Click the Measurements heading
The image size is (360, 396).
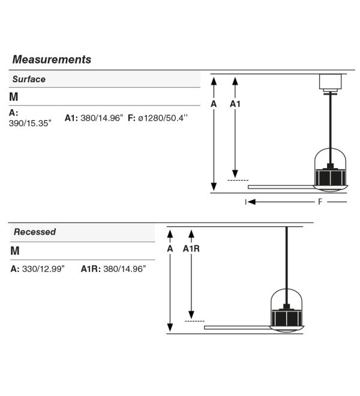[52, 59]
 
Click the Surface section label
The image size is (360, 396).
[29, 79]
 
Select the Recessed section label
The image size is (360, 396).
[35, 232]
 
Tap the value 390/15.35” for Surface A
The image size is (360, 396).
[30, 123]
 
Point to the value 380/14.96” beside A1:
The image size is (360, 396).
[102, 118]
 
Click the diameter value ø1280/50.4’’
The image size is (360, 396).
[163, 118]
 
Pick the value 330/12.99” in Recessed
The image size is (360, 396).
[43, 269]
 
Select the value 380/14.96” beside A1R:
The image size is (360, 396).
[125, 269]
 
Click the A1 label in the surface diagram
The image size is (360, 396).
[235, 104]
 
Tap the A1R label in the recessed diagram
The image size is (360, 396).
[191, 249]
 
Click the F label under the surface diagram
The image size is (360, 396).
[320, 202]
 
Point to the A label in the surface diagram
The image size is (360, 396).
[214, 104]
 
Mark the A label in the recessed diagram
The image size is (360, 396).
[170, 249]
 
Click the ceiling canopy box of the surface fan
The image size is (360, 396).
[330, 82]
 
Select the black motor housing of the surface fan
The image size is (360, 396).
[330, 177]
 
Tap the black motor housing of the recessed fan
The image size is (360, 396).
[286, 317]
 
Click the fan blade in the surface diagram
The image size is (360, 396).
[281, 187]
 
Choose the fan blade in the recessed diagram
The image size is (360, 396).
[237, 328]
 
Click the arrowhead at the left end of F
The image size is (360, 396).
[251, 202]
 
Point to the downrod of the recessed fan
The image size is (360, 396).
[286, 266]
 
